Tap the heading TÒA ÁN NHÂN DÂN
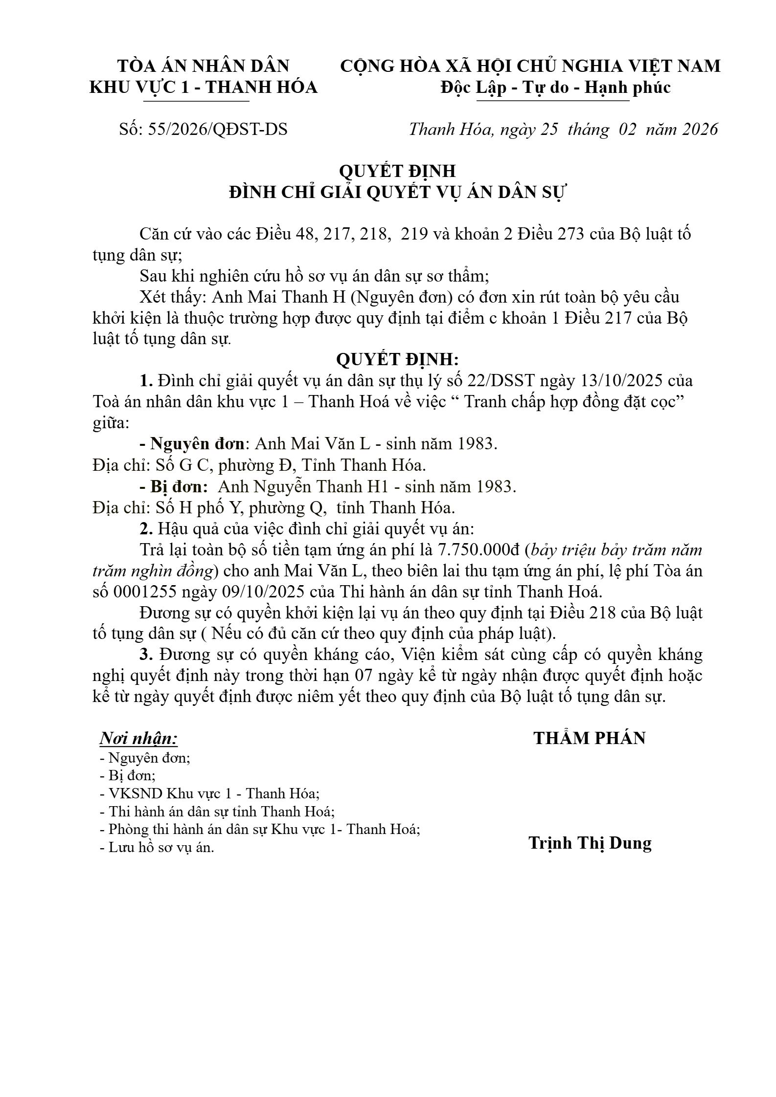[x=203, y=66]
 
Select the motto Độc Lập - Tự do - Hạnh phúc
[x=555, y=88]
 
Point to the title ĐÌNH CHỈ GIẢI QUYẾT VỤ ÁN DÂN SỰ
[x=397, y=193]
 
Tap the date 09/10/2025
[x=224, y=592]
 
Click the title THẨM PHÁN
[x=589, y=738]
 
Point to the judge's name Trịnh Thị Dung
[x=590, y=843]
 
